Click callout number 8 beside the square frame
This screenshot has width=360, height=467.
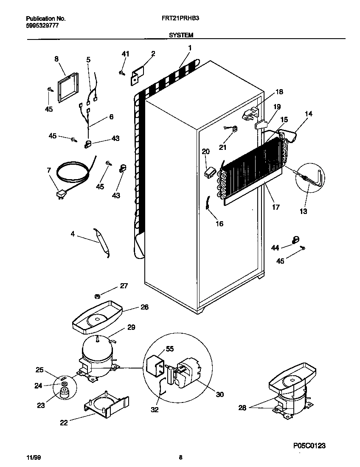(56, 59)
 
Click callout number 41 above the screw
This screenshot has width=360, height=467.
(125, 54)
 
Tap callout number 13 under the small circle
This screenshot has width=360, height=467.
(304, 211)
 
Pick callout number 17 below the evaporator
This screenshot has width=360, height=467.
(276, 208)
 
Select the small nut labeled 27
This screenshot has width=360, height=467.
(98, 295)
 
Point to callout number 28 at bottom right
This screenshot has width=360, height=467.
(242, 408)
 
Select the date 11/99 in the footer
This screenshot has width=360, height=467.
(31, 458)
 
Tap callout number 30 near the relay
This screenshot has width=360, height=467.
(219, 394)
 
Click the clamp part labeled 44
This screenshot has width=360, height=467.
(296, 240)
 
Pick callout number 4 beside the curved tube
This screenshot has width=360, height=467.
(73, 233)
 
